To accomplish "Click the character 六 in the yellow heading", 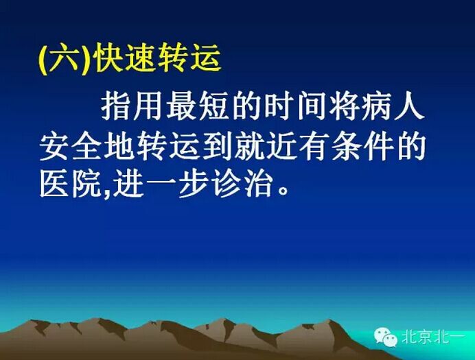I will pos(66,60).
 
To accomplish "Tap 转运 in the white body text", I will pos(168,146).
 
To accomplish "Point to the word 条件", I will pos(364,146).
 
